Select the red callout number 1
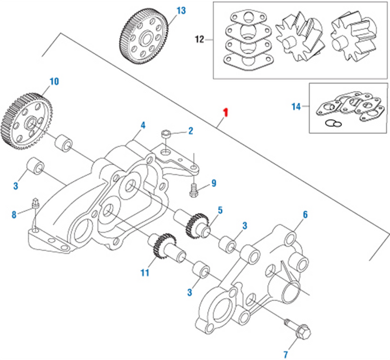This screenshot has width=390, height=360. click(226, 113)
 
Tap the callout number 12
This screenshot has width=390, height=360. click(199, 39)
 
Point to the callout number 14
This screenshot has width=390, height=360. click(295, 107)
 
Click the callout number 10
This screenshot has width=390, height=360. click(54, 82)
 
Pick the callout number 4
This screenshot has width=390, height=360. click(142, 125)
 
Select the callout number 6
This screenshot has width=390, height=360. click(305, 215)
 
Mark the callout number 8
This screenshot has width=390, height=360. click(14, 215)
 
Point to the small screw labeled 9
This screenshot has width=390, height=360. click(193, 190)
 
